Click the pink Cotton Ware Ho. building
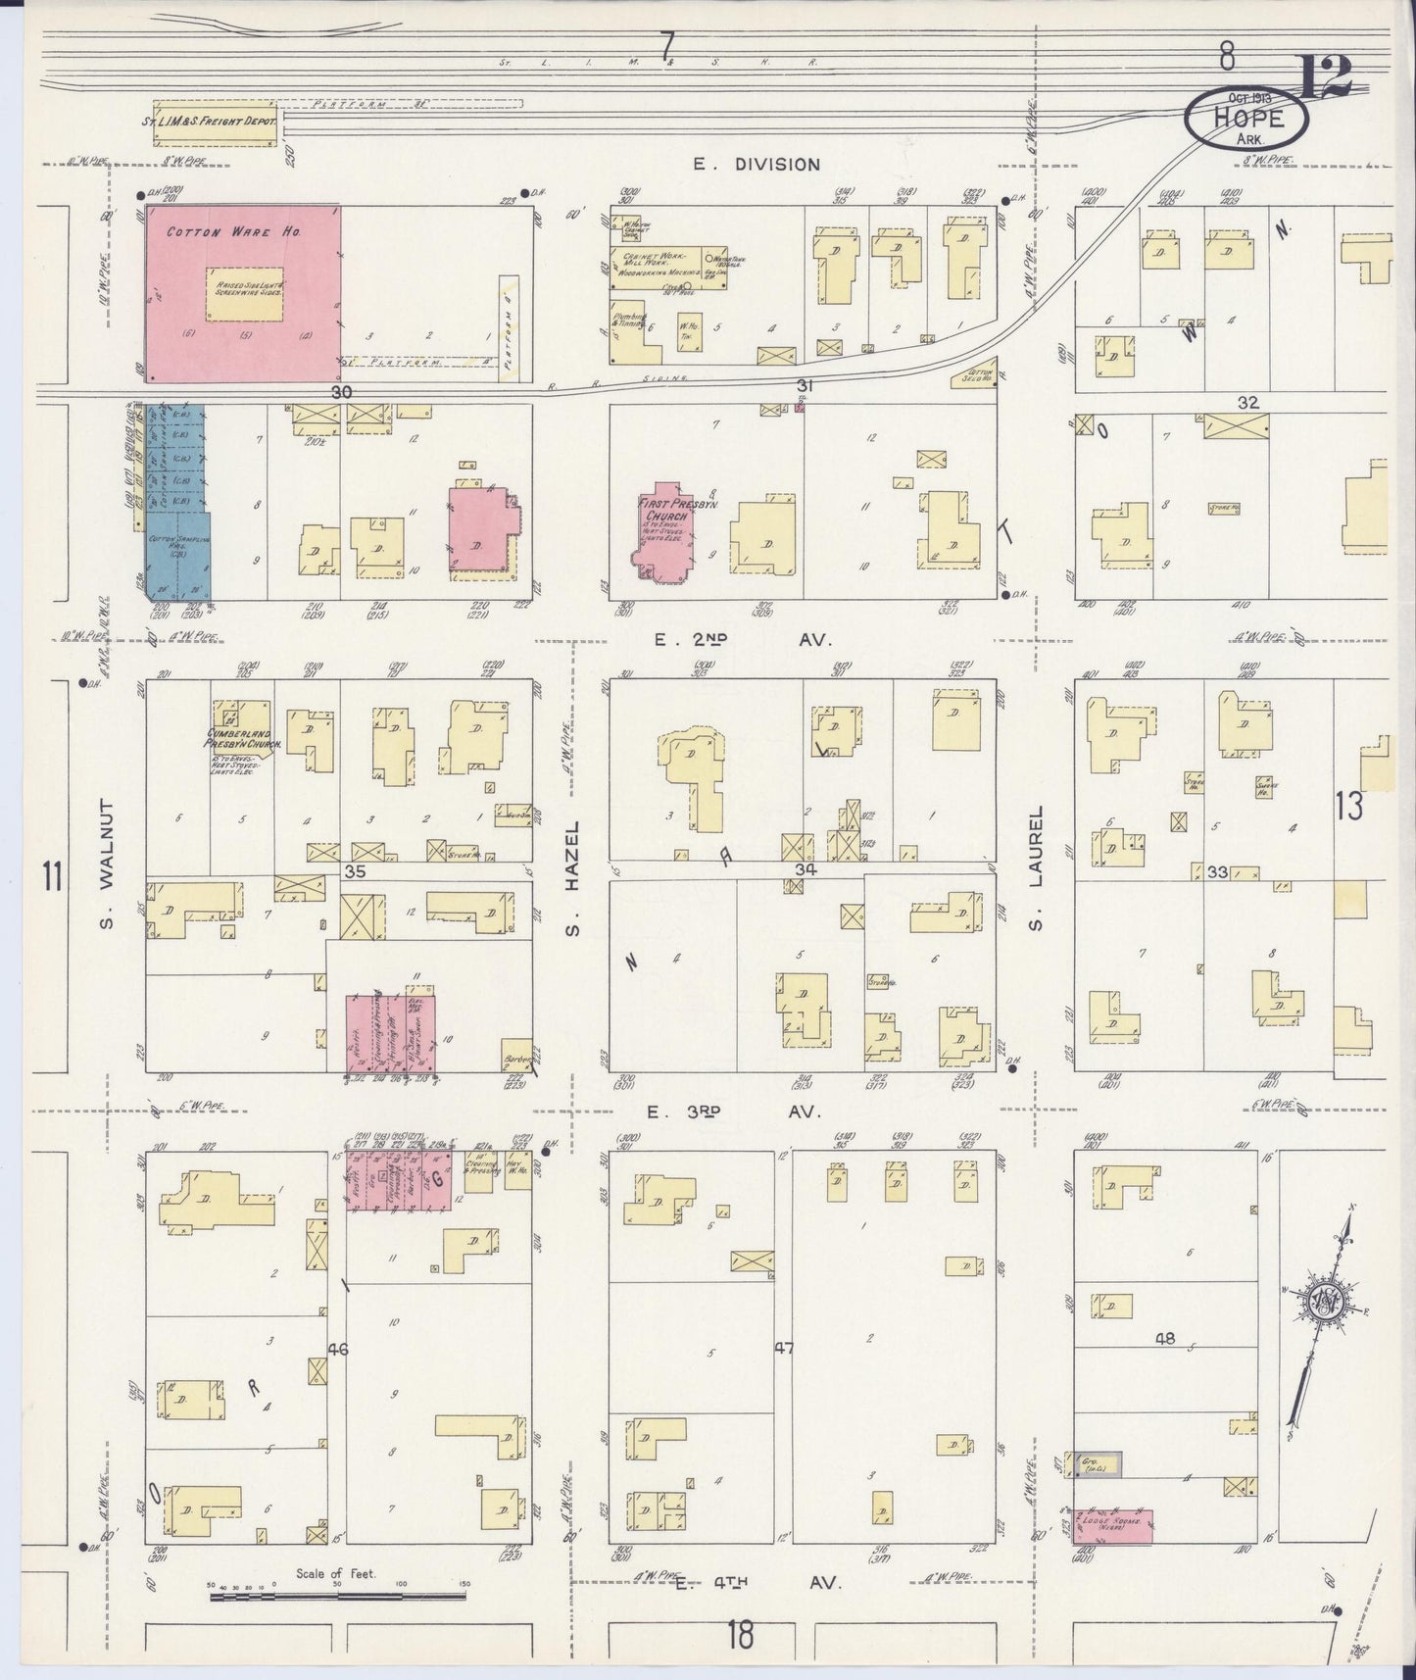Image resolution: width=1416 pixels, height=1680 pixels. pyautogui.click(x=243, y=294)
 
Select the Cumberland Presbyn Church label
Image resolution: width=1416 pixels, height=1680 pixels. pyautogui.click(x=242, y=738)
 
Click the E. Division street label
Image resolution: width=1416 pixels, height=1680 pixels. pyautogui.click(x=757, y=164)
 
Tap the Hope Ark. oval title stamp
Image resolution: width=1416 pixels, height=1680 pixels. pyautogui.click(x=1247, y=119)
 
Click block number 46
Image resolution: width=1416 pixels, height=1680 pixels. pyautogui.click(x=338, y=1350)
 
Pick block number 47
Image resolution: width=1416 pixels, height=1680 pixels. pyautogui.click(x=783, y=1348)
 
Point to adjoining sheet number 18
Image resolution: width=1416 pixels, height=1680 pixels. pyautogui.click(x=742, y=1635)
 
